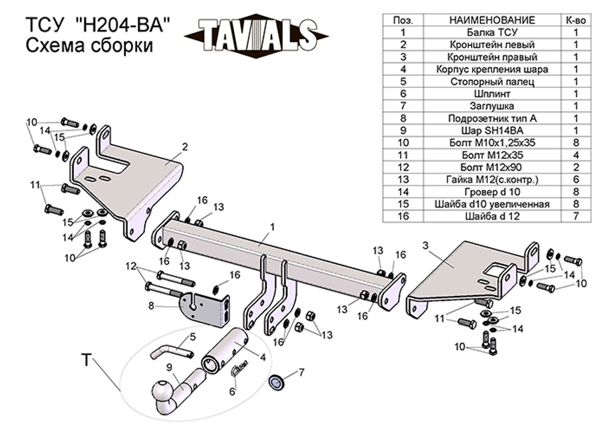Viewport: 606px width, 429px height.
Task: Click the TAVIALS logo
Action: click(x=257, y=35)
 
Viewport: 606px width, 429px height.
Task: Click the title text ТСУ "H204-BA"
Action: click(x=98, y=25)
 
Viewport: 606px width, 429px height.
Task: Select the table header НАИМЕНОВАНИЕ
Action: click(x=492, y=20)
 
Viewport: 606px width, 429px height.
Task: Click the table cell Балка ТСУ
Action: click(x=492, y=32)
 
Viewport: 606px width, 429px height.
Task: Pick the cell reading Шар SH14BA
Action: click(x=492, y=130)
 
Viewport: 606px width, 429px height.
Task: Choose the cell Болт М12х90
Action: click(x=492, y=166)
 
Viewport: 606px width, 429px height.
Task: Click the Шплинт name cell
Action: click(x=492, y=93)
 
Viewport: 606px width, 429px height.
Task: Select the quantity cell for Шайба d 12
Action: click(x=576, y=215)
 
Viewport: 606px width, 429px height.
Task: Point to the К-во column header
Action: click(x=576, y=20)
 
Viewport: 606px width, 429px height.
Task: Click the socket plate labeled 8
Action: click(x=206, y=309)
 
